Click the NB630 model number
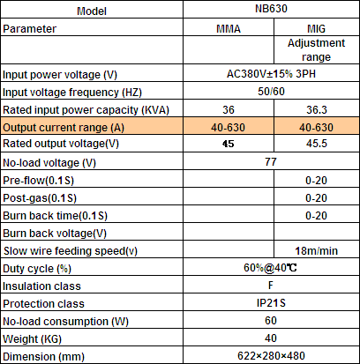[x=271, y=9]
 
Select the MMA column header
[x=229, y=28]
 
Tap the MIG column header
[x=316, y=28]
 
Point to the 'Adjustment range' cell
[x=316, y=50]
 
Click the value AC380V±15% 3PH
[x=271, y=74]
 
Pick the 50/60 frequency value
[x=271, y=92]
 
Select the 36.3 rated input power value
[x=317, y=109]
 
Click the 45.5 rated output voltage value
[x=317, y=144]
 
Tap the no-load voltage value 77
[x=271, y=161]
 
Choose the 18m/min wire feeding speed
[x=316, y=250]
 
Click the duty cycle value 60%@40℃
[x=270, y=268]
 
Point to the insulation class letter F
[x=271, y=285]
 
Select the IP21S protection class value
[x=271, y=303]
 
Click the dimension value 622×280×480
[x=271, y=356]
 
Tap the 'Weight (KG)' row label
[x=32, y=339]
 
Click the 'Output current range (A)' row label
[x=64, y=128]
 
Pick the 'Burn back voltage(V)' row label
[x=55, y=234]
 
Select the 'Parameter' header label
[x=29, y=29]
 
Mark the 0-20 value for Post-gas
[x=316, y=197]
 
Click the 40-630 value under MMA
[x=228, y=127]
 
